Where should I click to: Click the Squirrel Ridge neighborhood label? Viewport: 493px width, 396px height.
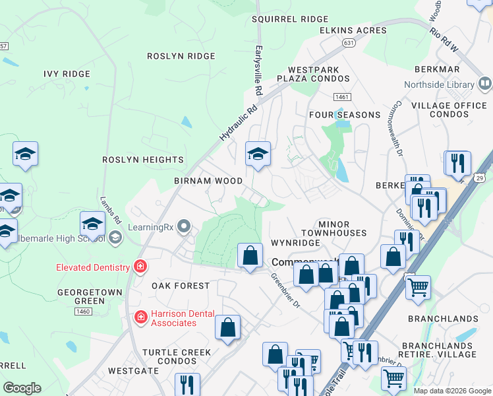pyautogui.click(x=289, y=19)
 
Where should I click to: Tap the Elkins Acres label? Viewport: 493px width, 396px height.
pyautogui.click(x=353, y=30)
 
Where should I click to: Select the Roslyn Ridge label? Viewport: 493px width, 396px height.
pyautogui.click(x=181, y=57)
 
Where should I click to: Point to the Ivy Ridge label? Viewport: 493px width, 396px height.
pyautogui.click(x=70, y=74)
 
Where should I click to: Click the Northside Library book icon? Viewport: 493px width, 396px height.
pyautogui.click(x=484, y=84)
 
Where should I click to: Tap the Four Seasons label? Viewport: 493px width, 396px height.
pyautogui.click(x=345, y=115)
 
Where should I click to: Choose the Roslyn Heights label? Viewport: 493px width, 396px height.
pyautogui.click(x=143, y=160)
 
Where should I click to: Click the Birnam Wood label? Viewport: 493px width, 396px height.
pyautogui.click(x=208, y=181)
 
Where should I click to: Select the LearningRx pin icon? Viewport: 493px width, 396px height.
pyautogui.click(x=184, y=227)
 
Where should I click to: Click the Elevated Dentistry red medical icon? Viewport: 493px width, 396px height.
pyautogui.click(x=140, y=267)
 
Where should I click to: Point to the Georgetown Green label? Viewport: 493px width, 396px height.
pyautogui.click(x=80, y=296)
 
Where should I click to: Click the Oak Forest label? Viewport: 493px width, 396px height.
pyautogui.click(x=180, y=286)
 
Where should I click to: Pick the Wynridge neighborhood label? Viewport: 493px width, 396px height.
pyautogui.click(x=295, y=243)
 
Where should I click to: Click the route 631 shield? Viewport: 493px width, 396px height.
pyautogui.click(x=348, y=42)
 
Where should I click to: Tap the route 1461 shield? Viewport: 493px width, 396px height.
pyautogui.click(x=341, y=97)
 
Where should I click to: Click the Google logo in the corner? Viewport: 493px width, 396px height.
pyautogui.click(x=22, y=388)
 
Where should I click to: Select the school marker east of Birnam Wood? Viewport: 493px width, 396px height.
pyautogui.click(x=258, y=154)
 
